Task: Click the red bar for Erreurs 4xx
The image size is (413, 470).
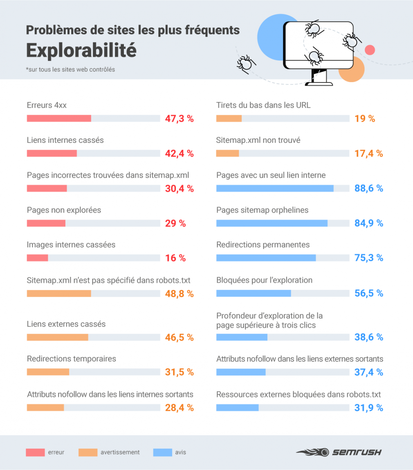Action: click(59, 118)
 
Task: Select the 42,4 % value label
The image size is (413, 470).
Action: click(179, 154)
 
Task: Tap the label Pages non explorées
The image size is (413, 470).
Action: click(64, 210)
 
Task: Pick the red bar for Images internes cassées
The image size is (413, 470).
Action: click(38, 258)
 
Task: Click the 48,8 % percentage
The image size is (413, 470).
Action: click(179, 294)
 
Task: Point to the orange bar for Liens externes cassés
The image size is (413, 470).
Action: click(58, 337)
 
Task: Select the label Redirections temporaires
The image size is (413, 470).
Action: click(72, 359)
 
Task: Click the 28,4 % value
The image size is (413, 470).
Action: click(179, 408)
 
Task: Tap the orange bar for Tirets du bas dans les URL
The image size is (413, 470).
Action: click(229, 118)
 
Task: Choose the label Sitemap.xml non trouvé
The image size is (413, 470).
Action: click(258, 140)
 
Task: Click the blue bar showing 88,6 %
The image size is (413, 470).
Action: click(275, 188)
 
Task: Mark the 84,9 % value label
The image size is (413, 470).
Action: click(368, 223)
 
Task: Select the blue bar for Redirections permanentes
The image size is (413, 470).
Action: click(266, 258)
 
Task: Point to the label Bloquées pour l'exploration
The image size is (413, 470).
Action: click(264, 280)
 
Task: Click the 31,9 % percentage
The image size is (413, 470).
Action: click(368, 408)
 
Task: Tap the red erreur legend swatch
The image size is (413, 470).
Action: click(35, 452)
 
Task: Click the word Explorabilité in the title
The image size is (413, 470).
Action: click(81, 50)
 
